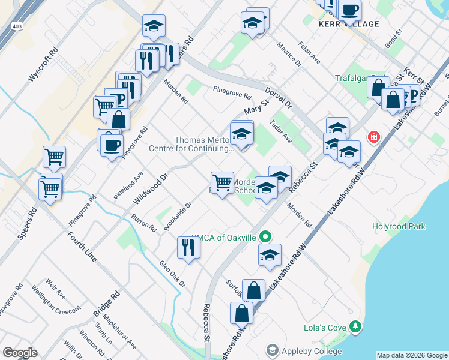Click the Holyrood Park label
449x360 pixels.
(398, 226)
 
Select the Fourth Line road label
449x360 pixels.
(82, 246)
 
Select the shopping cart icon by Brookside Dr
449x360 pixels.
(222, 182)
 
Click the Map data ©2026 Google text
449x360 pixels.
(412, 355)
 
